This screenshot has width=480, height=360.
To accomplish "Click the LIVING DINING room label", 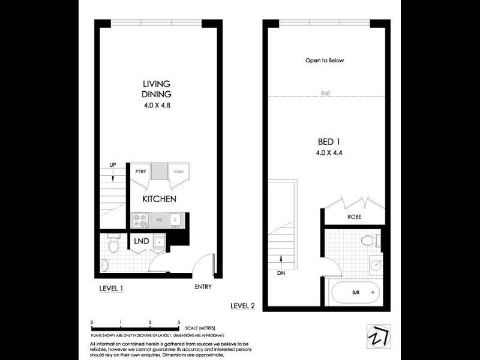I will (157, 89).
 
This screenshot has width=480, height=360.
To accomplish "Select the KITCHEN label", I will (158, 199).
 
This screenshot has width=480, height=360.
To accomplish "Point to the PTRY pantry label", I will (140, 172).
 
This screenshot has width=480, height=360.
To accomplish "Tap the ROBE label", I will (354, 217).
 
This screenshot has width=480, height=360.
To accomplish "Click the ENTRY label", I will (203, 286).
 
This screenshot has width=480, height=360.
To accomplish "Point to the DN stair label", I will (281, 274).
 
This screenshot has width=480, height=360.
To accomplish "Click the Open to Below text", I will (324, 61).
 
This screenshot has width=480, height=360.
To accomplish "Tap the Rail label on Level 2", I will (326, 94).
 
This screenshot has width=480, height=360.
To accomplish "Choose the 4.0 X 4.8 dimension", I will (157, 106).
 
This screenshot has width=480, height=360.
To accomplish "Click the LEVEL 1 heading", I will (111, 289).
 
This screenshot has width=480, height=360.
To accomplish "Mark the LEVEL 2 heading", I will (243, 305).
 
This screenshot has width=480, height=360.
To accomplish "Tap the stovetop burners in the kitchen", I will (139, 220).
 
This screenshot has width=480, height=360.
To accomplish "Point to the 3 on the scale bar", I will (179, 322).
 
